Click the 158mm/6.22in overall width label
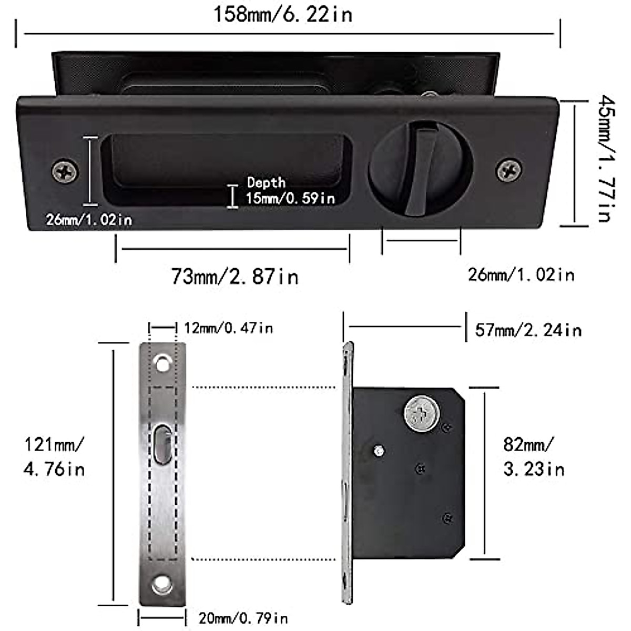point(282,14)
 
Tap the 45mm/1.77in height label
point(605,158)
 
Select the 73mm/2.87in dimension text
point(235,276)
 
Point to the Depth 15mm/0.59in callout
point(290,190)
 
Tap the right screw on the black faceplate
point(509,170)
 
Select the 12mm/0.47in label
point(228,329)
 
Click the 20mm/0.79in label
point(243,618)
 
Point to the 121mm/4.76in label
point(54,456)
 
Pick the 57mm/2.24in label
point(528,330)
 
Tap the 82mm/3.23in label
point(533,456)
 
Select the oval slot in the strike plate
point(162,445)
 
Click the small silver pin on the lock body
point(378,451)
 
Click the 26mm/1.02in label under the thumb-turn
point(521,274)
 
